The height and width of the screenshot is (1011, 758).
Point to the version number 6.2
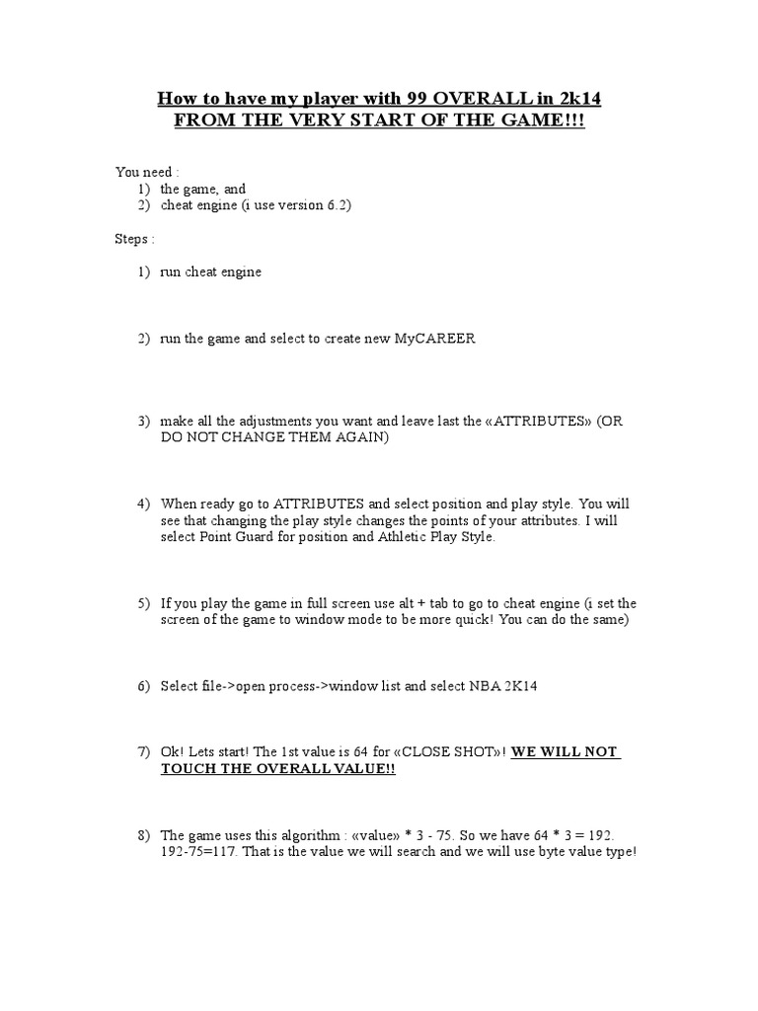(337, 205)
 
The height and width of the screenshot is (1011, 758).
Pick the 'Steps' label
(132, 239)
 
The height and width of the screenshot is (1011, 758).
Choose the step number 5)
(144, 603)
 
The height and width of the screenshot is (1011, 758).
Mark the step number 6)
(144, 686)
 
